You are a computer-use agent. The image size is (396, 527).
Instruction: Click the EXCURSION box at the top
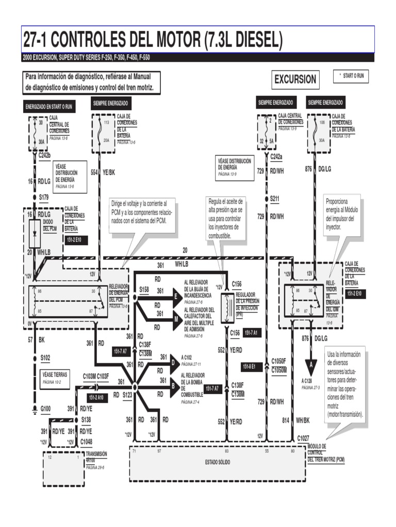coord(295,80)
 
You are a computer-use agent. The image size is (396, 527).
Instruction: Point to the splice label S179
coord(43,197)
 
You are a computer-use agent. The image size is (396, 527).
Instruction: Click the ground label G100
coord(45,409)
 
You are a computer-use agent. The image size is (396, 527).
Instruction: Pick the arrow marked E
coord(176,297)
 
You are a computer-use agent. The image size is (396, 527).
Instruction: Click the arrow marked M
coord(176,320)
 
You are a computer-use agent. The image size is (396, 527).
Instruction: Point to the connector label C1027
coord(303,438)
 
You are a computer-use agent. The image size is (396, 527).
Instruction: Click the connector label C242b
coord(45,155)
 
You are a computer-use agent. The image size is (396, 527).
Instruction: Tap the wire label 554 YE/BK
coord(103,172)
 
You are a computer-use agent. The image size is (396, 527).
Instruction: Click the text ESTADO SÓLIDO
coord(218,462)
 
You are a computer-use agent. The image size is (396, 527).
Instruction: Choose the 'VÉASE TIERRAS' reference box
coord(55,378)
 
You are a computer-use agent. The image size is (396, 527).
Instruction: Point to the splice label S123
coord(128,394)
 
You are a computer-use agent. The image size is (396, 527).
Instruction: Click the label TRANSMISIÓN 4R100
coord(96,458)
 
